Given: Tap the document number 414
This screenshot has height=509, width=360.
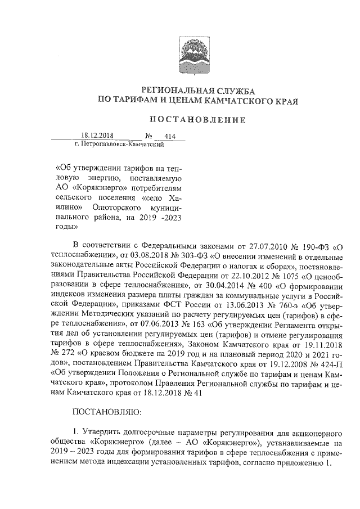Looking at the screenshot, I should point(166,136).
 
